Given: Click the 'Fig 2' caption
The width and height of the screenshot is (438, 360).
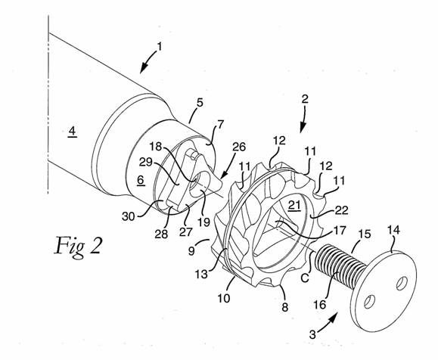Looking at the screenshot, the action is (78, 246).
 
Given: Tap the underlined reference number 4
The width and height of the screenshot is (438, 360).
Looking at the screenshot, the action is (73, 131).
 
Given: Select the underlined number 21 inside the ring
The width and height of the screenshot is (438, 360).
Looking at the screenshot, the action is (294, 205).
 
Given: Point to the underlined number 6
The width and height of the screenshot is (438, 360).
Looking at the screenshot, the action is (141, 180).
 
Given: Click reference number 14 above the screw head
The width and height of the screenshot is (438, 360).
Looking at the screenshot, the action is (393, 231).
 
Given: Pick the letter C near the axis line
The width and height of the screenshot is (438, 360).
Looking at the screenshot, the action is (305, 278).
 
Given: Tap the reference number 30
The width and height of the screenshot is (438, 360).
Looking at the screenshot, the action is (129, 216).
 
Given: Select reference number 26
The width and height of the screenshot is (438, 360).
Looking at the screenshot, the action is (239, 147).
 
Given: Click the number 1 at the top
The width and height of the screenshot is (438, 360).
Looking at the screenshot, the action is (160, 47).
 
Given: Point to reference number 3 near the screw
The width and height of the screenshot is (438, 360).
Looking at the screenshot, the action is (312, 334).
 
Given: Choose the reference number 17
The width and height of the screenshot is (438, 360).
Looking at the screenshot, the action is (340, 231).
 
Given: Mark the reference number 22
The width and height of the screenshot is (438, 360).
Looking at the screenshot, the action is (341, 210).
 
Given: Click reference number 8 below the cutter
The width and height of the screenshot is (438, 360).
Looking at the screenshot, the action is (284, 307).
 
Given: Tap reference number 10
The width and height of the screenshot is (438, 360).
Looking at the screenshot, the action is (224, 298).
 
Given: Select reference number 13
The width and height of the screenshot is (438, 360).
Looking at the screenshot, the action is (201, 274).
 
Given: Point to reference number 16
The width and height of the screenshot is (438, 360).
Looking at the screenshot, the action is (320, 305).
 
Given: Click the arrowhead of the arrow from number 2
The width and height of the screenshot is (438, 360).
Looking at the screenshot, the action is (303, 129).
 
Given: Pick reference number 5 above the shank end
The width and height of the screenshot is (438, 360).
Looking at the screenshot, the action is (200, 103).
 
